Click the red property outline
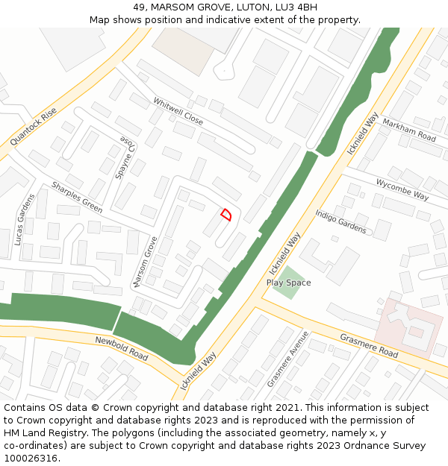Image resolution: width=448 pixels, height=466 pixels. (226, 215)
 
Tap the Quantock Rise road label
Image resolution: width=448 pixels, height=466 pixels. (34, 127)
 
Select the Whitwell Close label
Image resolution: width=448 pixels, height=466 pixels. (178, 111)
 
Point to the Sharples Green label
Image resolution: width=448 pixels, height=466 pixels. (77, 197)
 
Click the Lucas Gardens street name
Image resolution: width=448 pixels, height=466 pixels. (24, 219)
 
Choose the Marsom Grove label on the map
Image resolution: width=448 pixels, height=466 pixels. (144, 262)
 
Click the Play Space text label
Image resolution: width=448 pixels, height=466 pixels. (288, 283)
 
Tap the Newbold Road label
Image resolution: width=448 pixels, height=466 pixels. (122, 346)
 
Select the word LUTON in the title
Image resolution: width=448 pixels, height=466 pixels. (247, 7)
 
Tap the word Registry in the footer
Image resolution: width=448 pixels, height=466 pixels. (66, 433)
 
